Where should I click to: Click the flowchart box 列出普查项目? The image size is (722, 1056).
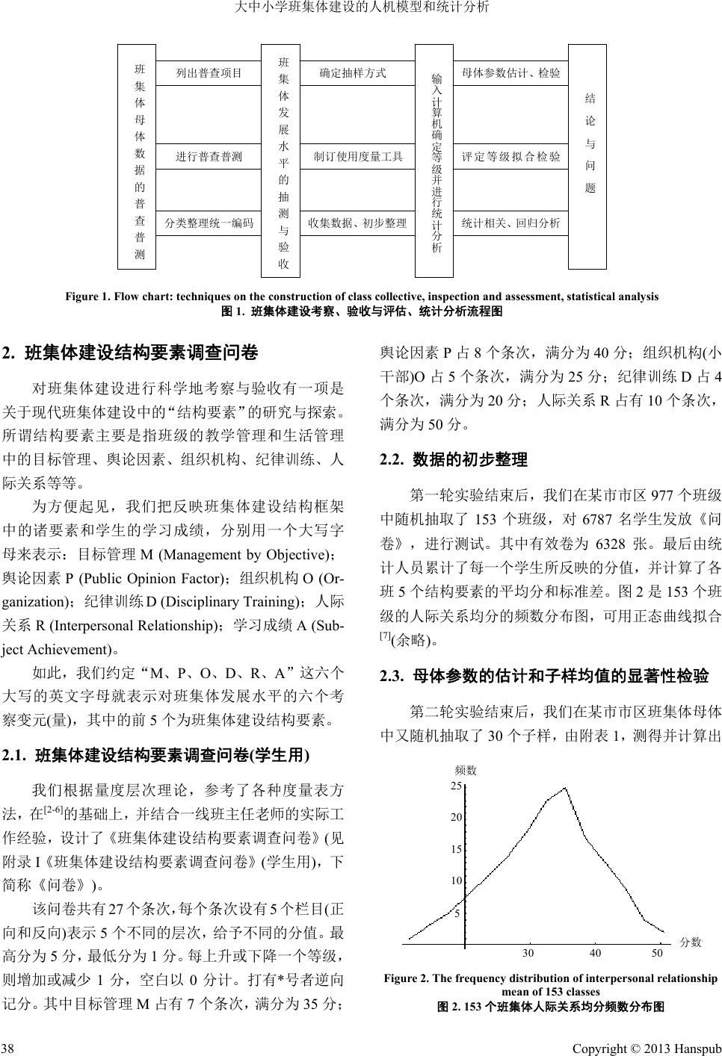(x=209, y=73)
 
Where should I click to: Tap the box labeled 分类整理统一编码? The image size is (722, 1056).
(x=209, y=223)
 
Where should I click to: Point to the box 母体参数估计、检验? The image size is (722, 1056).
(x=510, y=73)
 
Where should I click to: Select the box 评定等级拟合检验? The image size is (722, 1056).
(x=510, y=157)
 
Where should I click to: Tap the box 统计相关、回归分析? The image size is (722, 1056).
(x=510, y=223)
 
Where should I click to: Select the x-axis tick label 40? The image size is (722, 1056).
(x=595, y=953)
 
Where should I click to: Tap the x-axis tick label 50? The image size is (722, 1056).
(x=657, y=953)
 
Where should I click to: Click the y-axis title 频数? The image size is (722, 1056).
(x=465, y=770)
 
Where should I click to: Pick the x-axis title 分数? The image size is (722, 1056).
(x=691, y=942)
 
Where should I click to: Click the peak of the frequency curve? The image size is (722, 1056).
(x=565, y=787)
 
